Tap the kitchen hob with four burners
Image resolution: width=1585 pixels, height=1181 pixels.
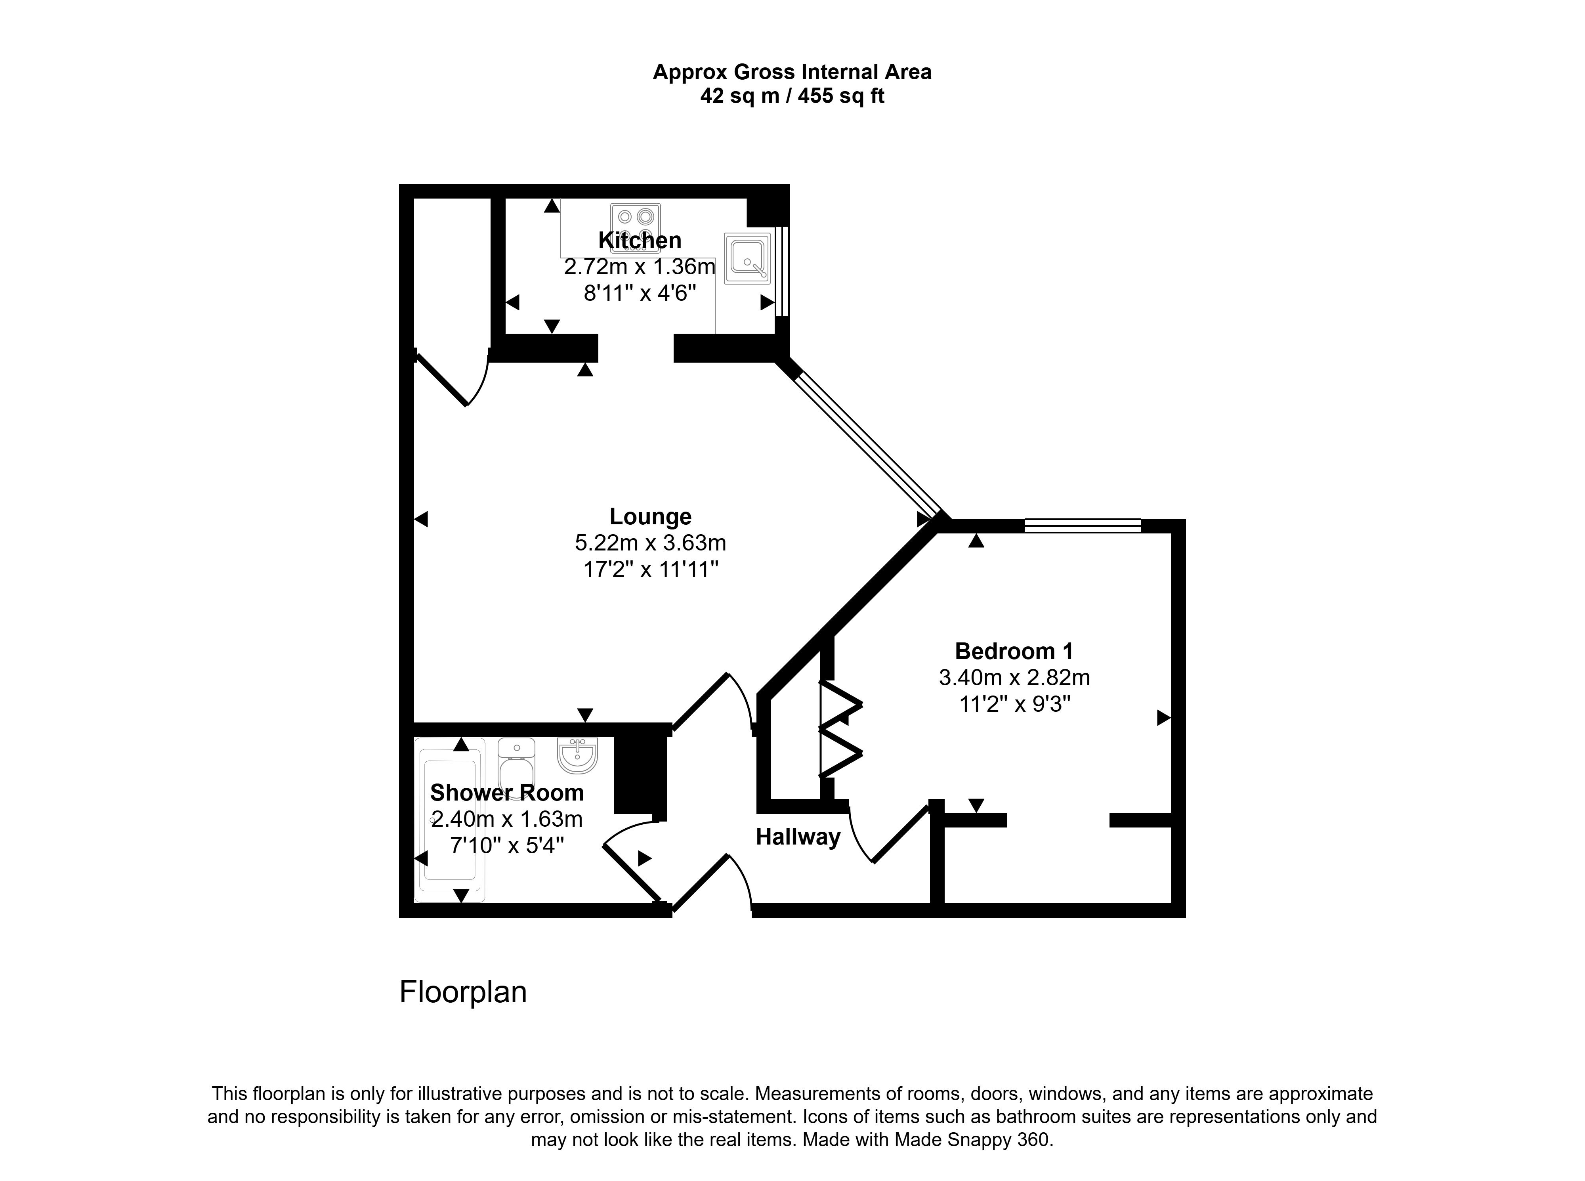coord(635,228)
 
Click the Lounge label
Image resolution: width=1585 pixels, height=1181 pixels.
coord(650,516)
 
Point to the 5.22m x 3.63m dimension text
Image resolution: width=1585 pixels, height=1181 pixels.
coord(650,543)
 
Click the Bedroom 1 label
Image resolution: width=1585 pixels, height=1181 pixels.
coord(1014,651)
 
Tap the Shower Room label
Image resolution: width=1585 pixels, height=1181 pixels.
coord(507,793)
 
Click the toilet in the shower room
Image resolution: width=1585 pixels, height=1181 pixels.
coord(516,768)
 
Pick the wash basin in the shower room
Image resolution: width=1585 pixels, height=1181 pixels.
coord(577,756)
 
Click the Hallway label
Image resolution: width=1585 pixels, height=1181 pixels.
coord(798,837)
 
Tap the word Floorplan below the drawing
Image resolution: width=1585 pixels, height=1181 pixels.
coord(463,992)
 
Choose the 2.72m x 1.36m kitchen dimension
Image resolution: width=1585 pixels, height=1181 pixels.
coord(640,267)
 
